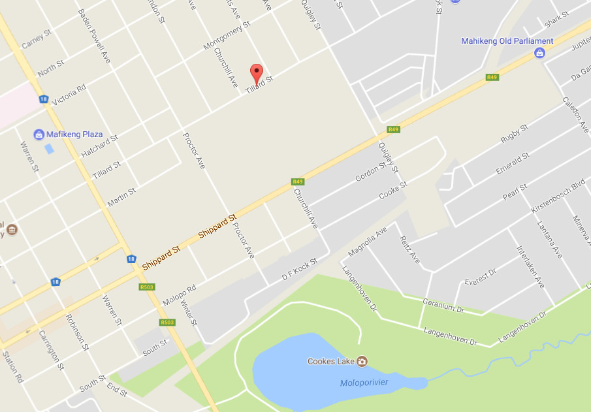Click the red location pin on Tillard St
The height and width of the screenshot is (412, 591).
pyautogui.click(x=257, y=72)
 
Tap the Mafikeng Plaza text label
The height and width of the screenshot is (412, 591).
pyautogui.click(x=74, y=135)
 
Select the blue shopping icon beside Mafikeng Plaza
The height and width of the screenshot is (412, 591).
pyautogui.click(x=39, y=135)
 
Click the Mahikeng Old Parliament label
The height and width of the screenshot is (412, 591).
pyautogui.click(x=507, y=41)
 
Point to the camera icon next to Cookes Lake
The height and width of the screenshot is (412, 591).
pyautogui.click(x=362, y=361)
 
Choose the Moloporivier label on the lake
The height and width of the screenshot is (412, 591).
pyautogui.click(x=364, y=383)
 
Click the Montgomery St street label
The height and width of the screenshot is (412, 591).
pyautogui.click(x=227, y=36)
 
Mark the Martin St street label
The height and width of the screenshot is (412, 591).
pyautogui.click(x=121, y=198)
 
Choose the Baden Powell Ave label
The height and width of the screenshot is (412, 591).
pyautogui.click(x=95, y=35)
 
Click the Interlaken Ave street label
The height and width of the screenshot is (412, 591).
pyautogui.click(x=530, y=267)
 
